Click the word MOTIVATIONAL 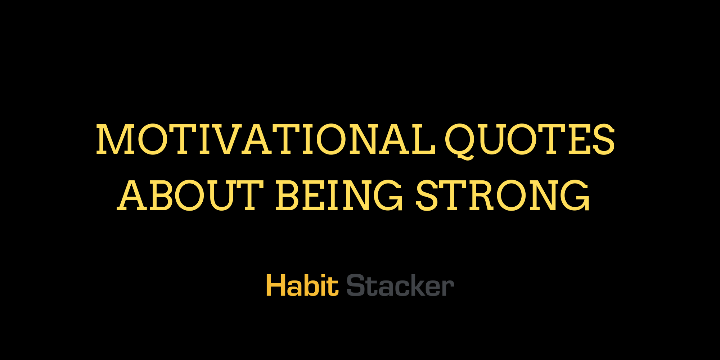[x=266, y=140]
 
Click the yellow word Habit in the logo [x=302, y=285]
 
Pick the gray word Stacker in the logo [x=400, y=285]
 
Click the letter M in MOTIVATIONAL [x=115, y=140]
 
